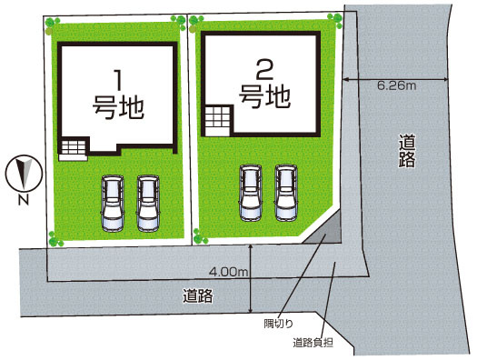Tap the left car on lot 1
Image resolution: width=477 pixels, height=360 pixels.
(112, 202)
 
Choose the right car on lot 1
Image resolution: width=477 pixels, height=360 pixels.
(147, 202)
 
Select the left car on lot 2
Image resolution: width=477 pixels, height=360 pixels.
(249, 192)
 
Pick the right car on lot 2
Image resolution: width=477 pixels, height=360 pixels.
(286, 192)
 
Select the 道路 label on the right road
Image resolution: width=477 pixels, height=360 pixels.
(407, 152)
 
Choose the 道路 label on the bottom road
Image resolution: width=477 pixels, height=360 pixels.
(197, 295)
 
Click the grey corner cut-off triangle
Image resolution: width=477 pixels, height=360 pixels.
(328, 232)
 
